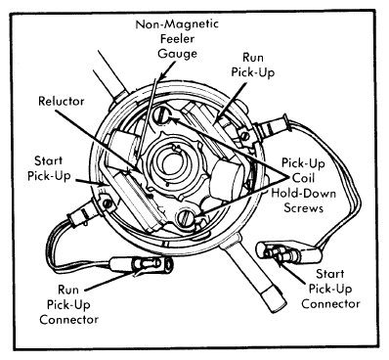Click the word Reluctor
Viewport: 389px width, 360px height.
pyautogui.click(x=62, y=101)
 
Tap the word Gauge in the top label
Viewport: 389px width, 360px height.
pyautogui.click(x=178, y=54)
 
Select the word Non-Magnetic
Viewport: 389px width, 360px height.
pyautogui.click(x=177, y=24)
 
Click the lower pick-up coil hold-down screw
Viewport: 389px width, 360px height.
pyautogui.click(x=185, y=217)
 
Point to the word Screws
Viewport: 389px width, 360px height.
pyautogui.click(x=304, y=207)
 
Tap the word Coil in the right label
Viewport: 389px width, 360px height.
pyautogui.click(x=304, y=178)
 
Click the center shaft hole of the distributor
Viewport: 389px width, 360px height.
pyautogui.click(x=173, y=164)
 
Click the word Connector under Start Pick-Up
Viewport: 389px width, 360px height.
pyautogui.click(x=330, y=304)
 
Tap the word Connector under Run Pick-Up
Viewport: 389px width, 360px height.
pyautogui.click(x=68, y=319)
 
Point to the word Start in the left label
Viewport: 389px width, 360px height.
pyautogui.click(x=48, y=160)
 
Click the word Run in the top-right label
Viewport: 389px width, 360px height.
pyautogui.click(x=253, y=58)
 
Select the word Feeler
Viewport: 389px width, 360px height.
pyautogui.click(x=177, y=39)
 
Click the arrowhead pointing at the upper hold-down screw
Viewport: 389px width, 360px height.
pyautogui.click(x=173, y=120)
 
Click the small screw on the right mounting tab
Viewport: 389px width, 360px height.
pyautogui.click(x=244, y=135)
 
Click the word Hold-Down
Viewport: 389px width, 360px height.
pyautogui.click(x=304, y=193)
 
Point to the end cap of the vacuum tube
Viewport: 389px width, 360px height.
pyautogui.click(x=275, y=299)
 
